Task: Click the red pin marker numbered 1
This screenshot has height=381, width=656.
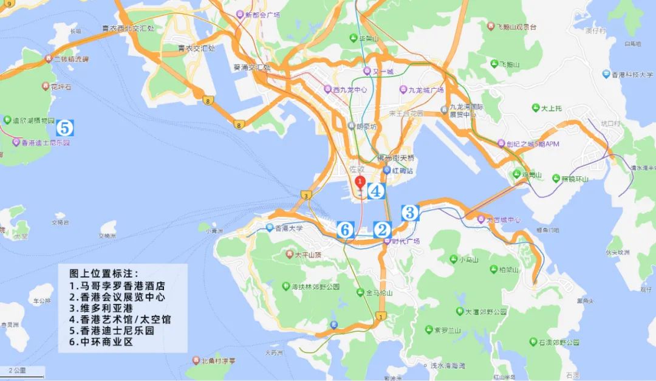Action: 359,182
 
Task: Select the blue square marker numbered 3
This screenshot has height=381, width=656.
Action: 410,213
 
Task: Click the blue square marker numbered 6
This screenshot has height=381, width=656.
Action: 345,230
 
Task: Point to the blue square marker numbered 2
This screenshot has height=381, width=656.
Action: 382,230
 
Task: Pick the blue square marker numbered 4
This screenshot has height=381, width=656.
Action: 376,191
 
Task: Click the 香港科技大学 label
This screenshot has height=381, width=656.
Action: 632,74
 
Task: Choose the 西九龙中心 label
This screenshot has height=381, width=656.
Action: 351,90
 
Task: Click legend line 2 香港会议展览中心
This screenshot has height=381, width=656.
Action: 117,297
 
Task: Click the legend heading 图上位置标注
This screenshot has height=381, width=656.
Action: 104,274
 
